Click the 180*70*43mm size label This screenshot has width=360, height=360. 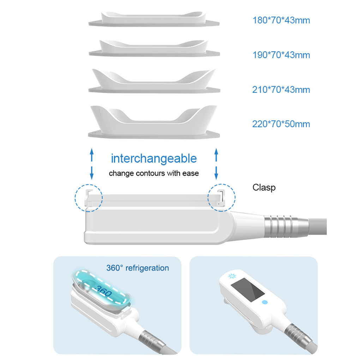click(281, 20)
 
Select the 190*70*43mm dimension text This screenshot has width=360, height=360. click(281, 55)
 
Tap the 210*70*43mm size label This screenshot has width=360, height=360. click(281, 90)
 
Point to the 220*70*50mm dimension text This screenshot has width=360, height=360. click(281, 124)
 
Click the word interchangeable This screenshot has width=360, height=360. click(154, 158)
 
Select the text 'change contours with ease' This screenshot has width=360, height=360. click(154, 173)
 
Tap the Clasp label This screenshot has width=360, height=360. click(264, 187)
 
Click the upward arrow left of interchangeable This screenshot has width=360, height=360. click(92, 155)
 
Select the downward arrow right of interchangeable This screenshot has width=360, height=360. click(216, 173)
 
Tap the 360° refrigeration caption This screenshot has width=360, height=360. click(138, 268)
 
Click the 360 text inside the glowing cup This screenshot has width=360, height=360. click(104, 291)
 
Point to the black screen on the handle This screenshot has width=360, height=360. click(247, 290)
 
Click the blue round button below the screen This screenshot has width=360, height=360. click(265, 302)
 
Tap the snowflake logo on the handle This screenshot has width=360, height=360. click(232, 276)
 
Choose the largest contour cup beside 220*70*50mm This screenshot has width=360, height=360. click(154, 122)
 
